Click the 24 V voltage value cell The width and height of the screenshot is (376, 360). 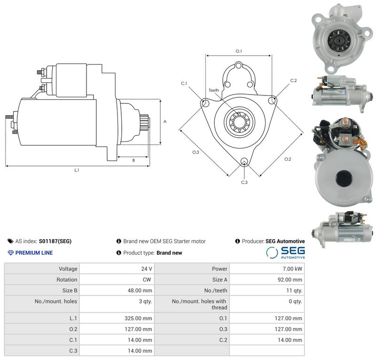tap(147, 269)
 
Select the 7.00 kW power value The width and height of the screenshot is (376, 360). tap(292, 269)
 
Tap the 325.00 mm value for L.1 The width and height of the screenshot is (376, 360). tap(138, 318)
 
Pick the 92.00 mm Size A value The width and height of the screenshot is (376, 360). tap(290, 280)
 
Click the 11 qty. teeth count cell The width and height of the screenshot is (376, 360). tap(294, 290)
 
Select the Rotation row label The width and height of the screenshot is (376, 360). tap(67, 280)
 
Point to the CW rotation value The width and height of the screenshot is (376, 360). tap(147, 280)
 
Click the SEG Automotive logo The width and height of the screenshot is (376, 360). tap(285, 252)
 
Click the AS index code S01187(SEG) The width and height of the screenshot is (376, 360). tap(55, 241)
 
